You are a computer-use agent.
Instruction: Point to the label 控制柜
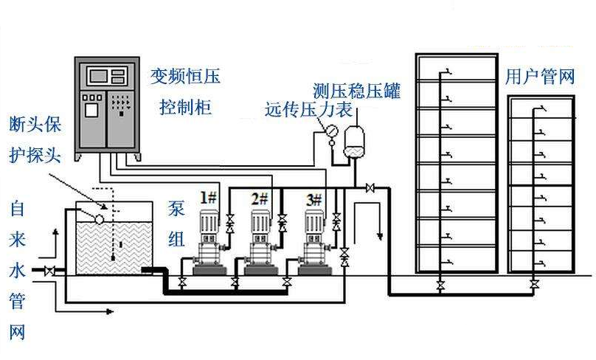pos(186,108)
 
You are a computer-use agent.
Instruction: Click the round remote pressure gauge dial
pos(330,131)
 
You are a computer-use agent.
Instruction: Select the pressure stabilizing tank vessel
pos(356,141)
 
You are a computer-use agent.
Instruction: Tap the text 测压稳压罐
pos(356,91)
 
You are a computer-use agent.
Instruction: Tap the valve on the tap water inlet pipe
pos(49,271)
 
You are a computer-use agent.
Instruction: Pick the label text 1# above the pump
pos(208,198)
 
